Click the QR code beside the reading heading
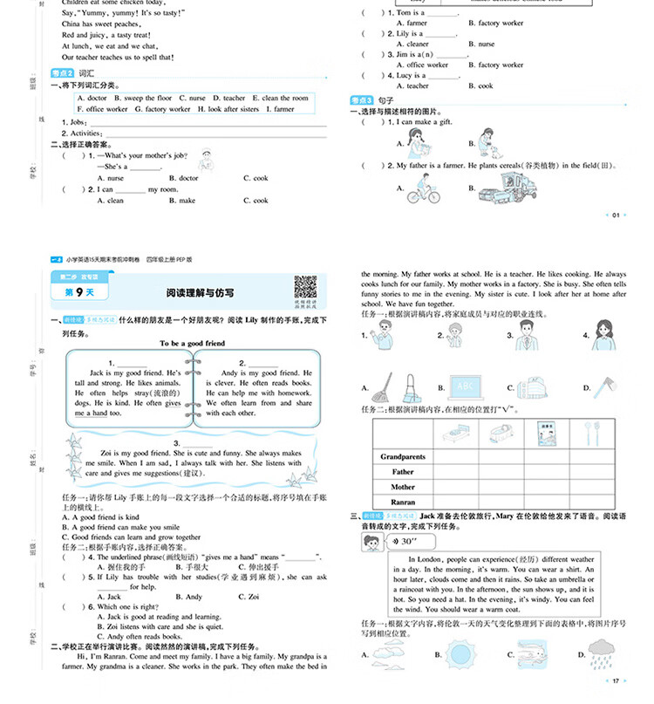(304, 287)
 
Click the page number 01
(616, 215)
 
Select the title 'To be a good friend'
(192, 343)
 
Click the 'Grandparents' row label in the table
(403, 456)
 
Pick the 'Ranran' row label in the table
(403, 502)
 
